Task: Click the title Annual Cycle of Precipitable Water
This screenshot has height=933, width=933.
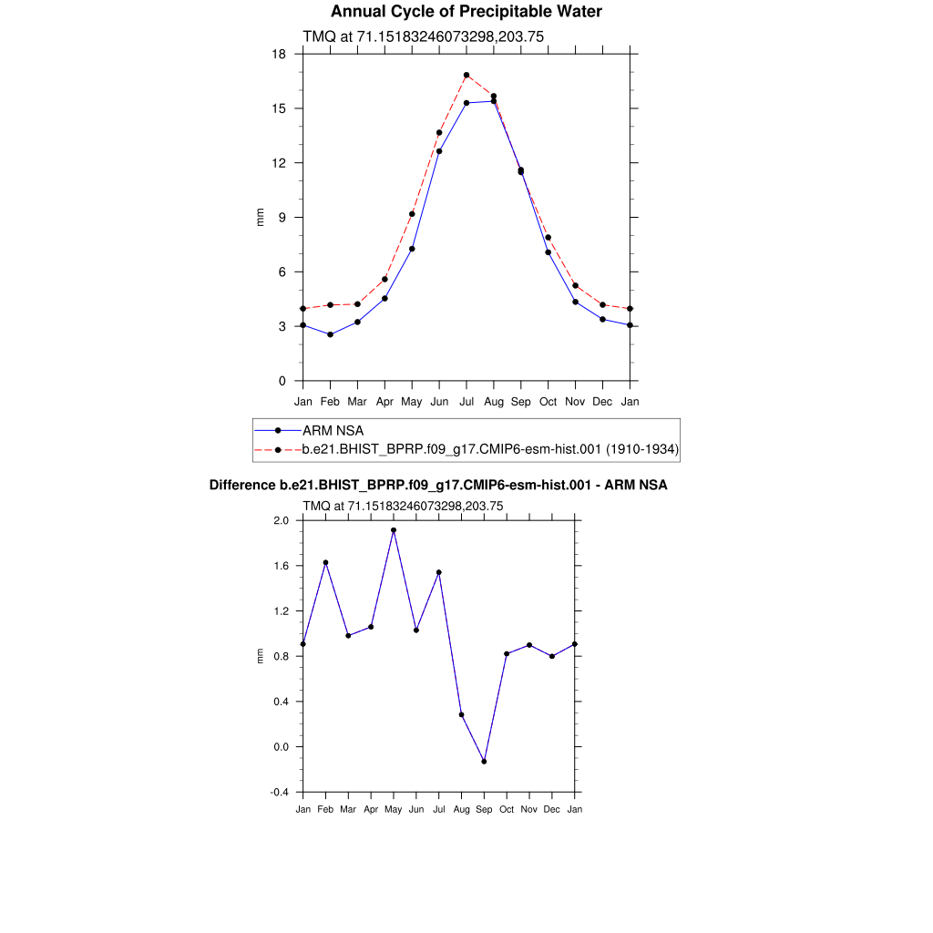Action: pyautogui.click(x=466, y=12)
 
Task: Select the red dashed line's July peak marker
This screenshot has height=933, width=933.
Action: pyautogui.click(x=466, y=75)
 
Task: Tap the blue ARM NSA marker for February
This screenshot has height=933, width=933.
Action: pyautogui.click(x=330, y=334)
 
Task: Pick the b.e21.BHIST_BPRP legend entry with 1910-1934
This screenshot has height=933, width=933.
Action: pyautogui.click(x=490, y=449)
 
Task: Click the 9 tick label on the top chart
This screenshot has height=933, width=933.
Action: pyautogui.click(x=282, y=218)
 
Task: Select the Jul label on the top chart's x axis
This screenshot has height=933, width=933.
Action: pyautogui.click(x=466, y=401)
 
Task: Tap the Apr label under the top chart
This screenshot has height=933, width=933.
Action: pyautogui.click(x=384, y=401)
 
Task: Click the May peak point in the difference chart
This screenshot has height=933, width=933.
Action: pyautogui.click(x=394, y=530)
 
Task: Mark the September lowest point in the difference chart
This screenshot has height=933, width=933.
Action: pyautogui.click(x=484, y=762)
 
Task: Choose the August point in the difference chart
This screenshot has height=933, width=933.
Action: pyautogui.click(x=461, y=714)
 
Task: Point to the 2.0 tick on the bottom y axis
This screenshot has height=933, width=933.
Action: pyautogui.click(x=281, y=521)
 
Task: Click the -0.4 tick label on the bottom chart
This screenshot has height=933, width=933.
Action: pyautogui.click(x=280, y=793)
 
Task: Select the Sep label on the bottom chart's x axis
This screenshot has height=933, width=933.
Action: pyautogui.click(x=484, y=809)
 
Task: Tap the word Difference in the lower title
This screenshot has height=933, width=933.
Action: pyautogui.click(x=242, y=486)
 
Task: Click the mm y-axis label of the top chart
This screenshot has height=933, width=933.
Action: pyautogui.click(x=260, y=218)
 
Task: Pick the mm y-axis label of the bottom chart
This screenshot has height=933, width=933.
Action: pyautogui.click(x=260, y=656)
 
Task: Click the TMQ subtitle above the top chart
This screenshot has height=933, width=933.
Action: pyautogui.click(x=423, y=36)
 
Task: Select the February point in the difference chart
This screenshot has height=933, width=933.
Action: pyautogui.click(x=325, y=563)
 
